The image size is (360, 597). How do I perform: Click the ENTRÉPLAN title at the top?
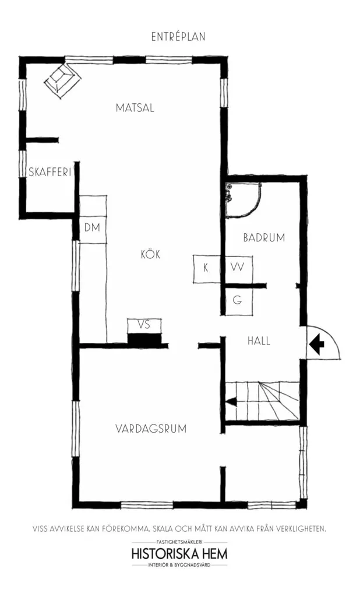(178, 37)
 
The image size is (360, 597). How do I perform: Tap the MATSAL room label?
(135, 108)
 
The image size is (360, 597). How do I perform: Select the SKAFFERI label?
(50, 172)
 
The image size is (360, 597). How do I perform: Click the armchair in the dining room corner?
(62, 80)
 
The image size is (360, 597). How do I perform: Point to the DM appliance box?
(92, 228)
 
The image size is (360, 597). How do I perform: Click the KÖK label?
(151, 254)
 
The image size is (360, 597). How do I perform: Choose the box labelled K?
(206, 269)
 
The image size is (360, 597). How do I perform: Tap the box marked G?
(238, 300)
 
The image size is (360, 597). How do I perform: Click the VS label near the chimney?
(144, 325)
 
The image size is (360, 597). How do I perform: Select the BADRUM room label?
(264, 238)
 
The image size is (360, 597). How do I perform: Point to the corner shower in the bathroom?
(243, 199)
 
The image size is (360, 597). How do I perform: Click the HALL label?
(259, 340)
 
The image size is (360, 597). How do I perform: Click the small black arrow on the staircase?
(231, 401)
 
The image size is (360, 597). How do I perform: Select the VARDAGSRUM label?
(151, 429)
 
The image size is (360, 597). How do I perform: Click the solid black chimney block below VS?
(144, 340)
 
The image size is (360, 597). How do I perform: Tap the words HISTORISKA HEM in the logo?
(179, 553)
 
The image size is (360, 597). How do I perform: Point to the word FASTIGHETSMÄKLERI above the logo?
(179, 542)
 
